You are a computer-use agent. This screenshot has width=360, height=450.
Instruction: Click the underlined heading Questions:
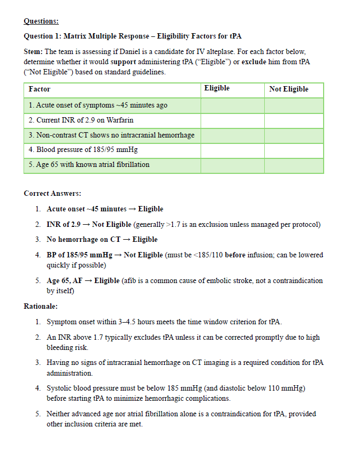coord(41,21)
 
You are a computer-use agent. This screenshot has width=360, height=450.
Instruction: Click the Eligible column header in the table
coord(217,88)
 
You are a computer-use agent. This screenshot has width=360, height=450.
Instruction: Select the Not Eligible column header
coord(289,89)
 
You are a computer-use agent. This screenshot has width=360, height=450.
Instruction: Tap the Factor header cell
coord(40,89)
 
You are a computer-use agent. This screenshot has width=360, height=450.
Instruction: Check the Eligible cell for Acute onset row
coord(232,105)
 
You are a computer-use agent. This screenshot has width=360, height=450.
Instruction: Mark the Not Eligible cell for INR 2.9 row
coord(294,120)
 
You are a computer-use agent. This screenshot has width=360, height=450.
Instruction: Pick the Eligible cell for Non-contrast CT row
coord(232,135)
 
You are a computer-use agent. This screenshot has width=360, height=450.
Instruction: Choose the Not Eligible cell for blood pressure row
coord(294,150)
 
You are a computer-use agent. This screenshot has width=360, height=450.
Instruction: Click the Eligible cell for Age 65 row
coord(232,165)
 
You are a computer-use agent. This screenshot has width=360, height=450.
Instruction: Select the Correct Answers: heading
coord(52,193)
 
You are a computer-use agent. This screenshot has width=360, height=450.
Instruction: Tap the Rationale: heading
coord(41,307)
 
